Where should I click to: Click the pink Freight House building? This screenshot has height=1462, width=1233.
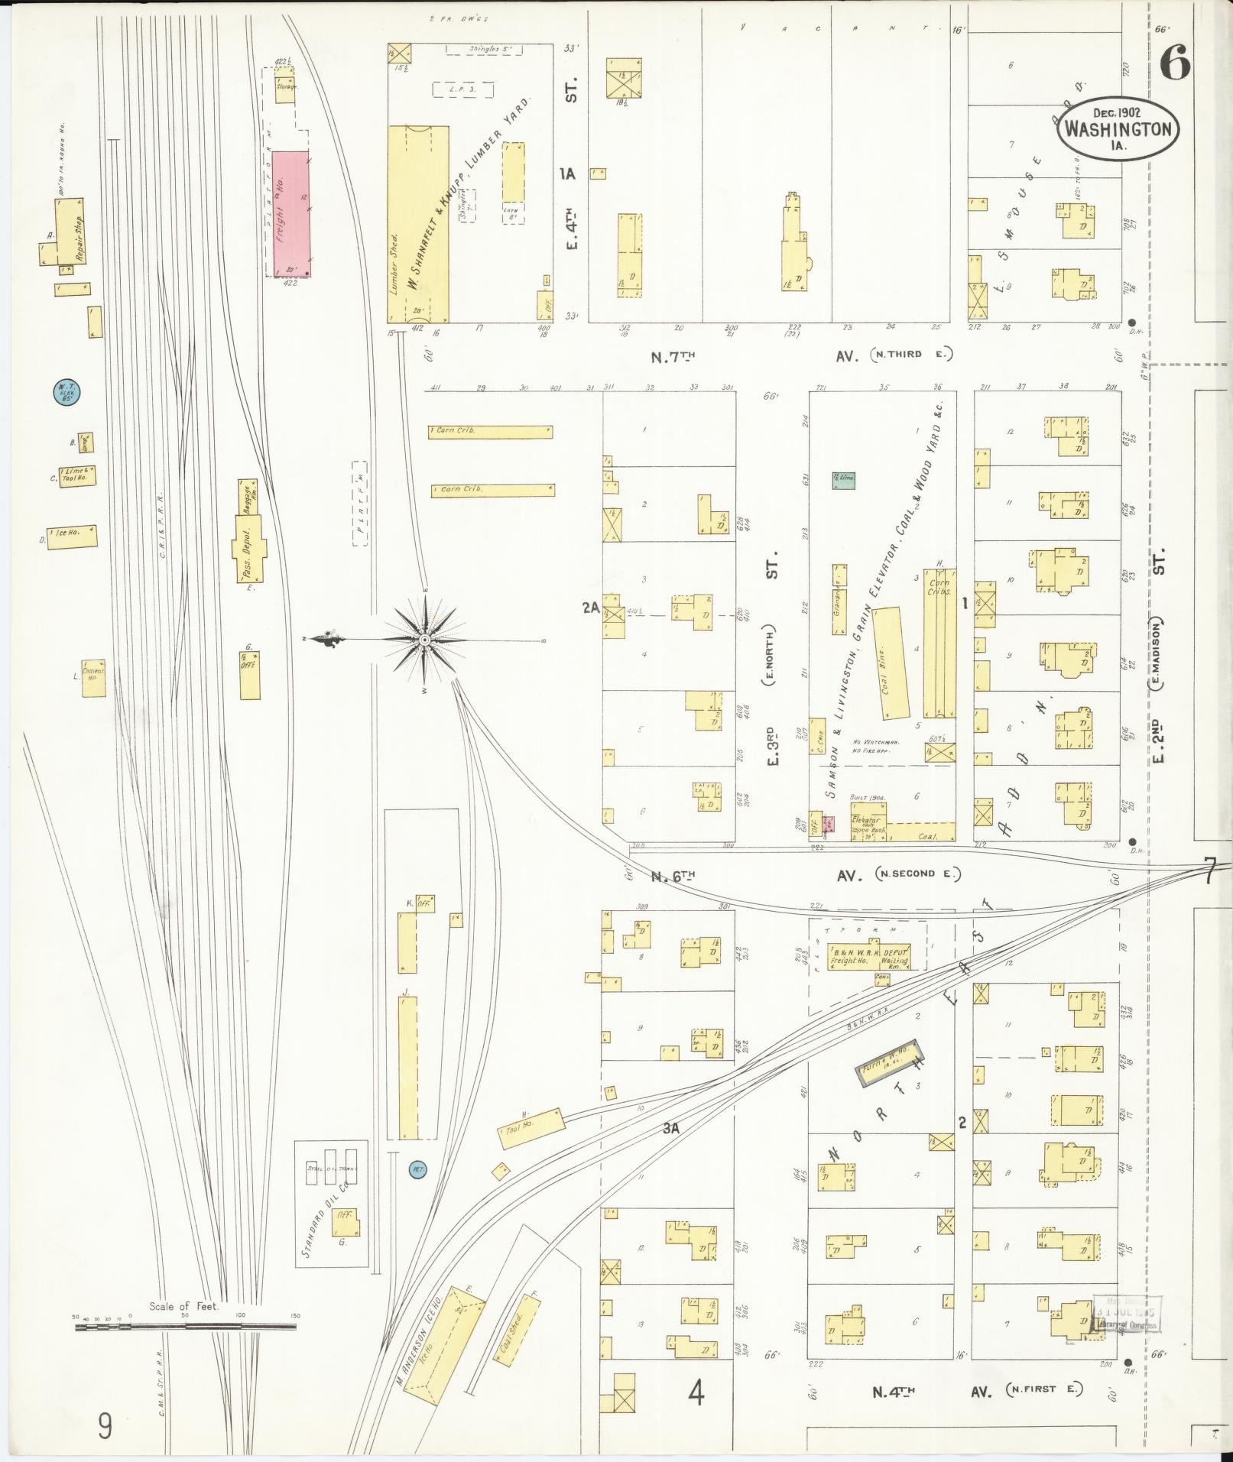[x=291, y=213]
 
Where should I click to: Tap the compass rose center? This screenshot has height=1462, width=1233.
[x=423, y=640]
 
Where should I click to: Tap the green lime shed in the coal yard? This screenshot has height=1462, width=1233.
[x=843, y=480]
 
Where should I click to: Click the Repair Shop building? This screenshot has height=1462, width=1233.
[x=70, y=231]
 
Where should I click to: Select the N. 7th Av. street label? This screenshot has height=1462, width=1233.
[x=673, y=355]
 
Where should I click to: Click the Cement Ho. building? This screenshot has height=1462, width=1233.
[x=94, y=678]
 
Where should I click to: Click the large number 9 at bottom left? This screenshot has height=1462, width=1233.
[x=104, y=1426]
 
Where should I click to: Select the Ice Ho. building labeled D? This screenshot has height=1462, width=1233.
[x=73, y=536]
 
